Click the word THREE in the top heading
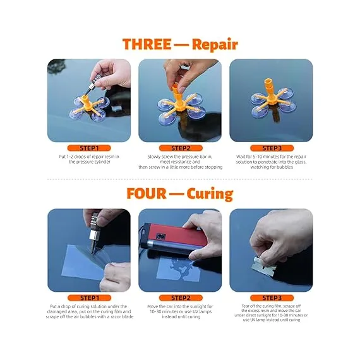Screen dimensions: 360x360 pos(147,44)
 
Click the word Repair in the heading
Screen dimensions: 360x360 pos(215,45)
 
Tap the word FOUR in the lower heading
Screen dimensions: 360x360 pos(147,193)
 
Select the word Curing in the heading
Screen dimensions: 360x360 pos(210,195)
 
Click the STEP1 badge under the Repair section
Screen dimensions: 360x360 pos(89,148)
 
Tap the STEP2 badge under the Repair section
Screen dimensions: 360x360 pos(181,148)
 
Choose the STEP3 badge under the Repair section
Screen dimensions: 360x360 pos(272,148)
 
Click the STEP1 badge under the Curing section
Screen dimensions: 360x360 pos(89,297)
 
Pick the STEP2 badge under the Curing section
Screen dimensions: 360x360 pos(181,297)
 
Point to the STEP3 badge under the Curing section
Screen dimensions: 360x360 pos(272,297)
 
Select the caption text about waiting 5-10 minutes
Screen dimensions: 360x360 pos(272,162)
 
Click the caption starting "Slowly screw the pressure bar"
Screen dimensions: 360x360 pos(181,162)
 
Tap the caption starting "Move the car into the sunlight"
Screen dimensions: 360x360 pos(181,311)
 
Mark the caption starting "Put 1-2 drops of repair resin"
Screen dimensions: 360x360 pos(89,159)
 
